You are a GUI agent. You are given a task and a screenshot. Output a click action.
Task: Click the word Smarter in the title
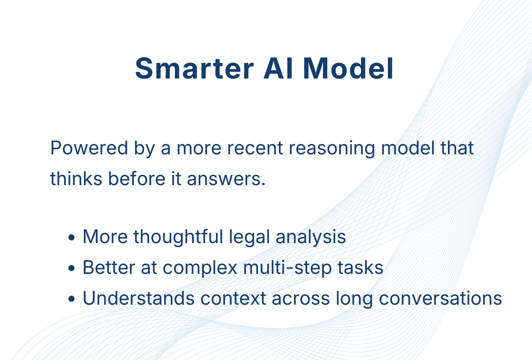pos(195,68)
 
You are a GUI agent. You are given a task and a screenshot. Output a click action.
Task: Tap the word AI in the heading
pos(278,68)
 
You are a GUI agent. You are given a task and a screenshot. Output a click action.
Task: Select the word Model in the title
pos(348,68)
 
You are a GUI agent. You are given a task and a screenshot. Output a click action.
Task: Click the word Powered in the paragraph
pos(89,148)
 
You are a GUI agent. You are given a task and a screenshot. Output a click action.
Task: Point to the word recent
pos(255,148)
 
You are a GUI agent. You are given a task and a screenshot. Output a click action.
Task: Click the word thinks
pos(76,178)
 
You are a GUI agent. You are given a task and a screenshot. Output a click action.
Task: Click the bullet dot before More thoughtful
pos(71,237)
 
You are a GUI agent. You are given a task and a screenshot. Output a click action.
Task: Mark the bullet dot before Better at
pos(71,268)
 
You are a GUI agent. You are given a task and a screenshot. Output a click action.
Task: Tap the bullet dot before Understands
pos(71,299)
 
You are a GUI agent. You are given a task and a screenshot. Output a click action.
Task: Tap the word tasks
pos(360,268)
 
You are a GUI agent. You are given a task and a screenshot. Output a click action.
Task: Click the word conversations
pos(441,299)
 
